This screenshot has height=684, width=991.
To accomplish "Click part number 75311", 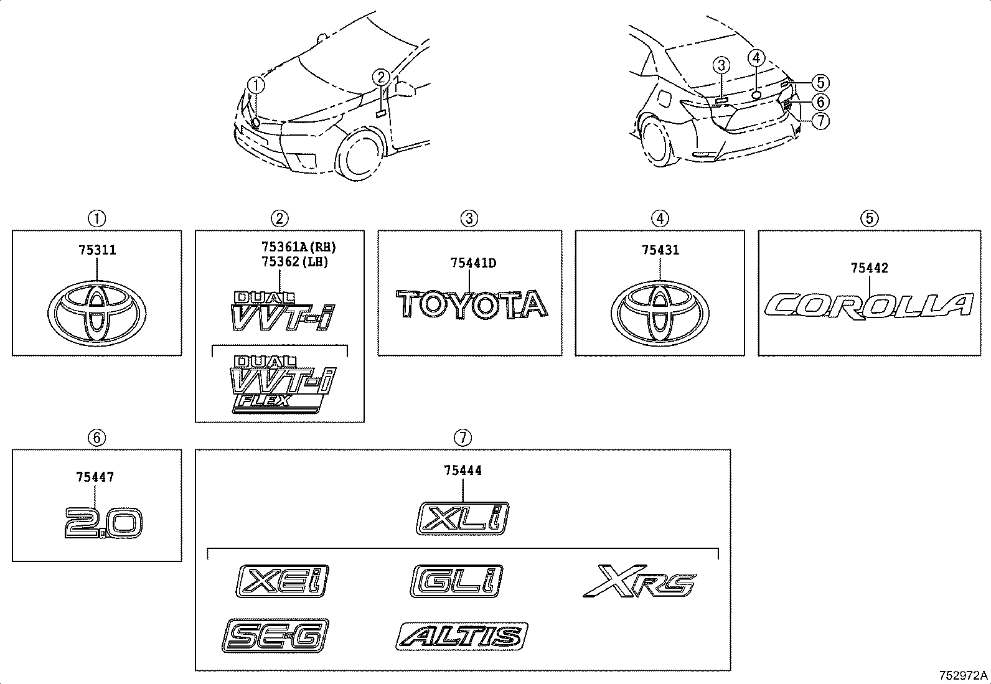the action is (x=97, y=250).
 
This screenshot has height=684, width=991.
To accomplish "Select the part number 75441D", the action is (x=473, y=263).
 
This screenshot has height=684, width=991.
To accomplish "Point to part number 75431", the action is (x=660, y=250).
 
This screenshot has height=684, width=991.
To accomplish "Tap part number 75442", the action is (x=870, y=268).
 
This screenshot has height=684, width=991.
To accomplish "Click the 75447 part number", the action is (x=95, y=477).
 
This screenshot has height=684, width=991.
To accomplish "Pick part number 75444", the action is (x=463, y=471).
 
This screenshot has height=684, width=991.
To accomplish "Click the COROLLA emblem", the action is (x=870, y=306).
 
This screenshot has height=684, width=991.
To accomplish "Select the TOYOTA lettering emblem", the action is (x=472, y=304).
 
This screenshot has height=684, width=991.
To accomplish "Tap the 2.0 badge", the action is (x=104, y=523).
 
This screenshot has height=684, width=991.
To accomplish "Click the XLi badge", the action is (x=463, y=518).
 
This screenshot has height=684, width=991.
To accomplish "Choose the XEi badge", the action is (x=282, y=581).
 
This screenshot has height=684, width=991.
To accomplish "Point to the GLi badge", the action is (x=456, y=581).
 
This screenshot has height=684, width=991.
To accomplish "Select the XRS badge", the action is (x=640, y=581).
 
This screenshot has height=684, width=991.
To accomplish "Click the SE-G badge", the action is (x=275, y=635).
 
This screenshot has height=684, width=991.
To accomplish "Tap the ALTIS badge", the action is (x=462, y=636).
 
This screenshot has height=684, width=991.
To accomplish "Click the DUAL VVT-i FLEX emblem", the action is (x=283, y=385).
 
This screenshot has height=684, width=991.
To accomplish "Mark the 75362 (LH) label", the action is (x=295, y=263).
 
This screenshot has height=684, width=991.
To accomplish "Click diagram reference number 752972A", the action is (x=964, y=675).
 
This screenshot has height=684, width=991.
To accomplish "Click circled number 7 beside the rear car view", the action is (x=820, y=120).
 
